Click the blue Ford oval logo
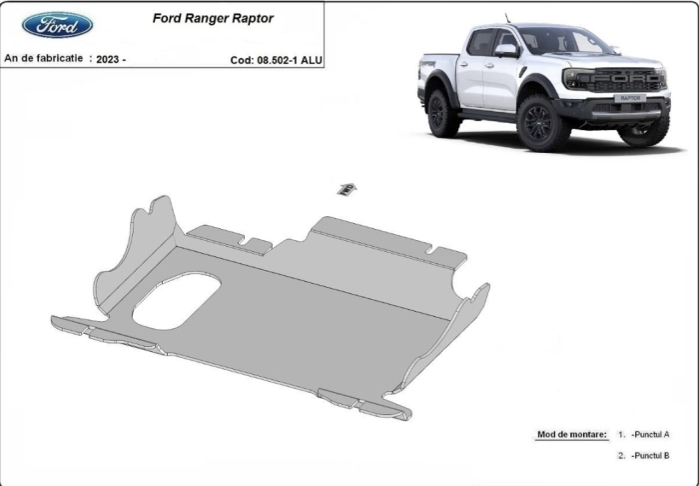57,25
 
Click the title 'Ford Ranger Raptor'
212,18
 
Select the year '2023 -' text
109,59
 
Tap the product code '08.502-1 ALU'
290,60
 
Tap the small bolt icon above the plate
346,188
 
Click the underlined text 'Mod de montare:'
571,435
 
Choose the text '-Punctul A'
650,435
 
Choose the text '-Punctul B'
650,456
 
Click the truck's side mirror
505,49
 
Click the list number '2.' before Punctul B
621,456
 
